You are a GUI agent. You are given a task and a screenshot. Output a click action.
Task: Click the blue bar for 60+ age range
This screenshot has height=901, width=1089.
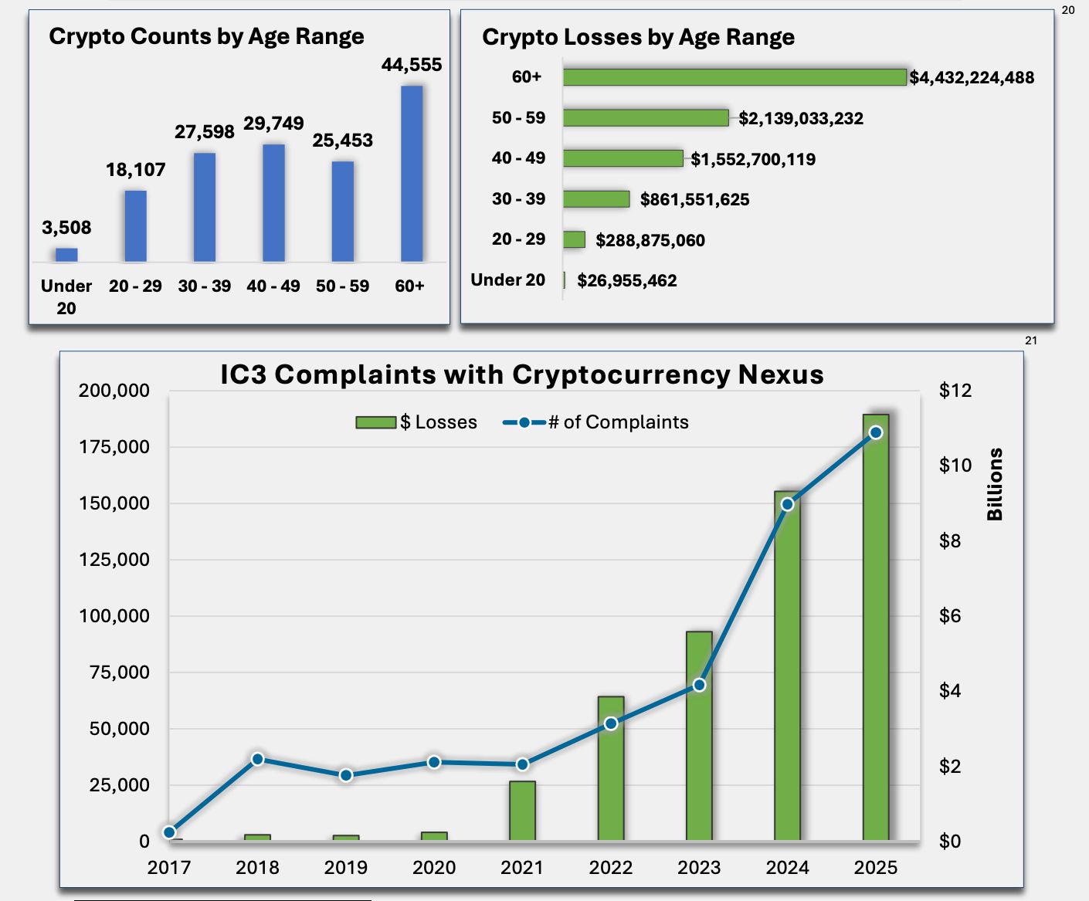pos(412,174)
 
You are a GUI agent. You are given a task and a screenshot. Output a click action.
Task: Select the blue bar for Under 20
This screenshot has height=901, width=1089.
pos(66,255)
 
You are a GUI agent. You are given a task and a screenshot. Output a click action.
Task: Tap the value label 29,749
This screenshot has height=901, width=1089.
pos(273,124)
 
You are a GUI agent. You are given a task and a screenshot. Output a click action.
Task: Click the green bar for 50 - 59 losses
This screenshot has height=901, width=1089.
pos(646,118)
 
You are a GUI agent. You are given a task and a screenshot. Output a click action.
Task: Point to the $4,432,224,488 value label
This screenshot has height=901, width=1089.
pos(972,77)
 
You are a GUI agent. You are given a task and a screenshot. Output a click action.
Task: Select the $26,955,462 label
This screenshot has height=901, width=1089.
pos(626,281)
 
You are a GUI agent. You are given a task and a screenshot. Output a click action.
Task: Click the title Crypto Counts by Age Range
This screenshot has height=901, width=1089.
pos(206,36)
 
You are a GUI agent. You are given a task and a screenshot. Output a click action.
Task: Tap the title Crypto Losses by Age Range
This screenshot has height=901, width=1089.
pos(638,37)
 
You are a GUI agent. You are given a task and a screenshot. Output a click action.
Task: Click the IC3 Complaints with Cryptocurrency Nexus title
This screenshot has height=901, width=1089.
pos(522,374)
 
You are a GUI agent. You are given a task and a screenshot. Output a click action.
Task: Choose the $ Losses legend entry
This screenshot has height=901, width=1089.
pos(417,422)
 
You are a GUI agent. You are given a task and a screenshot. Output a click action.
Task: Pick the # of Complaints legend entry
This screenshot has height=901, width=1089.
pos(596,422)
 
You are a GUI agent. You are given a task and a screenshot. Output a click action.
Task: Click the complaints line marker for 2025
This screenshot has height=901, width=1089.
pos(875,433)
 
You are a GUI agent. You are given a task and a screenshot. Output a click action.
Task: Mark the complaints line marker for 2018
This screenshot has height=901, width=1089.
pos(258,759)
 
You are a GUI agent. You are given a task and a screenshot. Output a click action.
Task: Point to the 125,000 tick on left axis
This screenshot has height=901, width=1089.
pos(114,560)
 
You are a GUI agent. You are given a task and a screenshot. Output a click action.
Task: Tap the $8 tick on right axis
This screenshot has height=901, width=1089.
pos(950,541)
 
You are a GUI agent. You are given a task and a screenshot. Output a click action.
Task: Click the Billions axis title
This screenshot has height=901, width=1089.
pos(995,484)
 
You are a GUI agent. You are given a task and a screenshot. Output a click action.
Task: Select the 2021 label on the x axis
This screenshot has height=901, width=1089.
pos(522,868)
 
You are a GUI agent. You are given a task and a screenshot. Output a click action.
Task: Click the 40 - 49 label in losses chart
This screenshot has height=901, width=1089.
pos(518,158)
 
